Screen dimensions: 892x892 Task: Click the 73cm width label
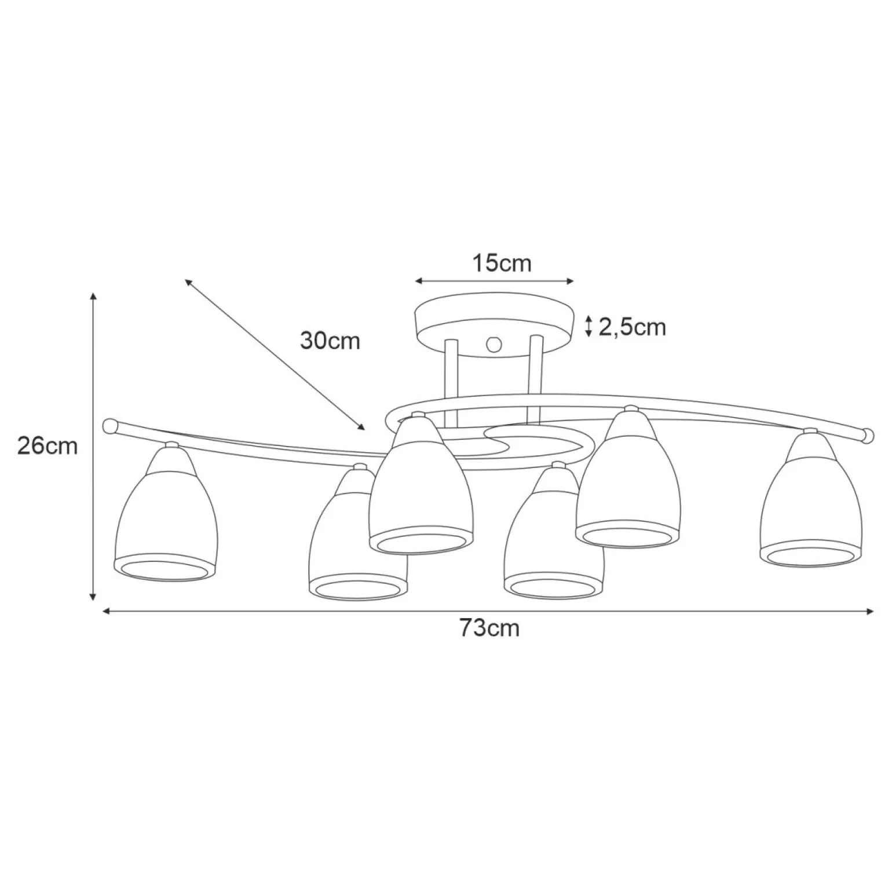point(490,628)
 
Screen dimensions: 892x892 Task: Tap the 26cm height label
point(47,446)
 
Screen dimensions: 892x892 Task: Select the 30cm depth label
point(330,341)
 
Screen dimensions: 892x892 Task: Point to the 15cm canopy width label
point(502,264)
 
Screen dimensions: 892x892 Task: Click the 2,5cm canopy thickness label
point(632,328)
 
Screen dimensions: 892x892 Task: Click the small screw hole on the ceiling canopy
point(494,345)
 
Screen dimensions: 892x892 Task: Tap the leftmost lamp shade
point(167,513)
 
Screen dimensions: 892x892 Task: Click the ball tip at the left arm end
point(109,426)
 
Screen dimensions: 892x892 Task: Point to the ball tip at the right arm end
point(867,435)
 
